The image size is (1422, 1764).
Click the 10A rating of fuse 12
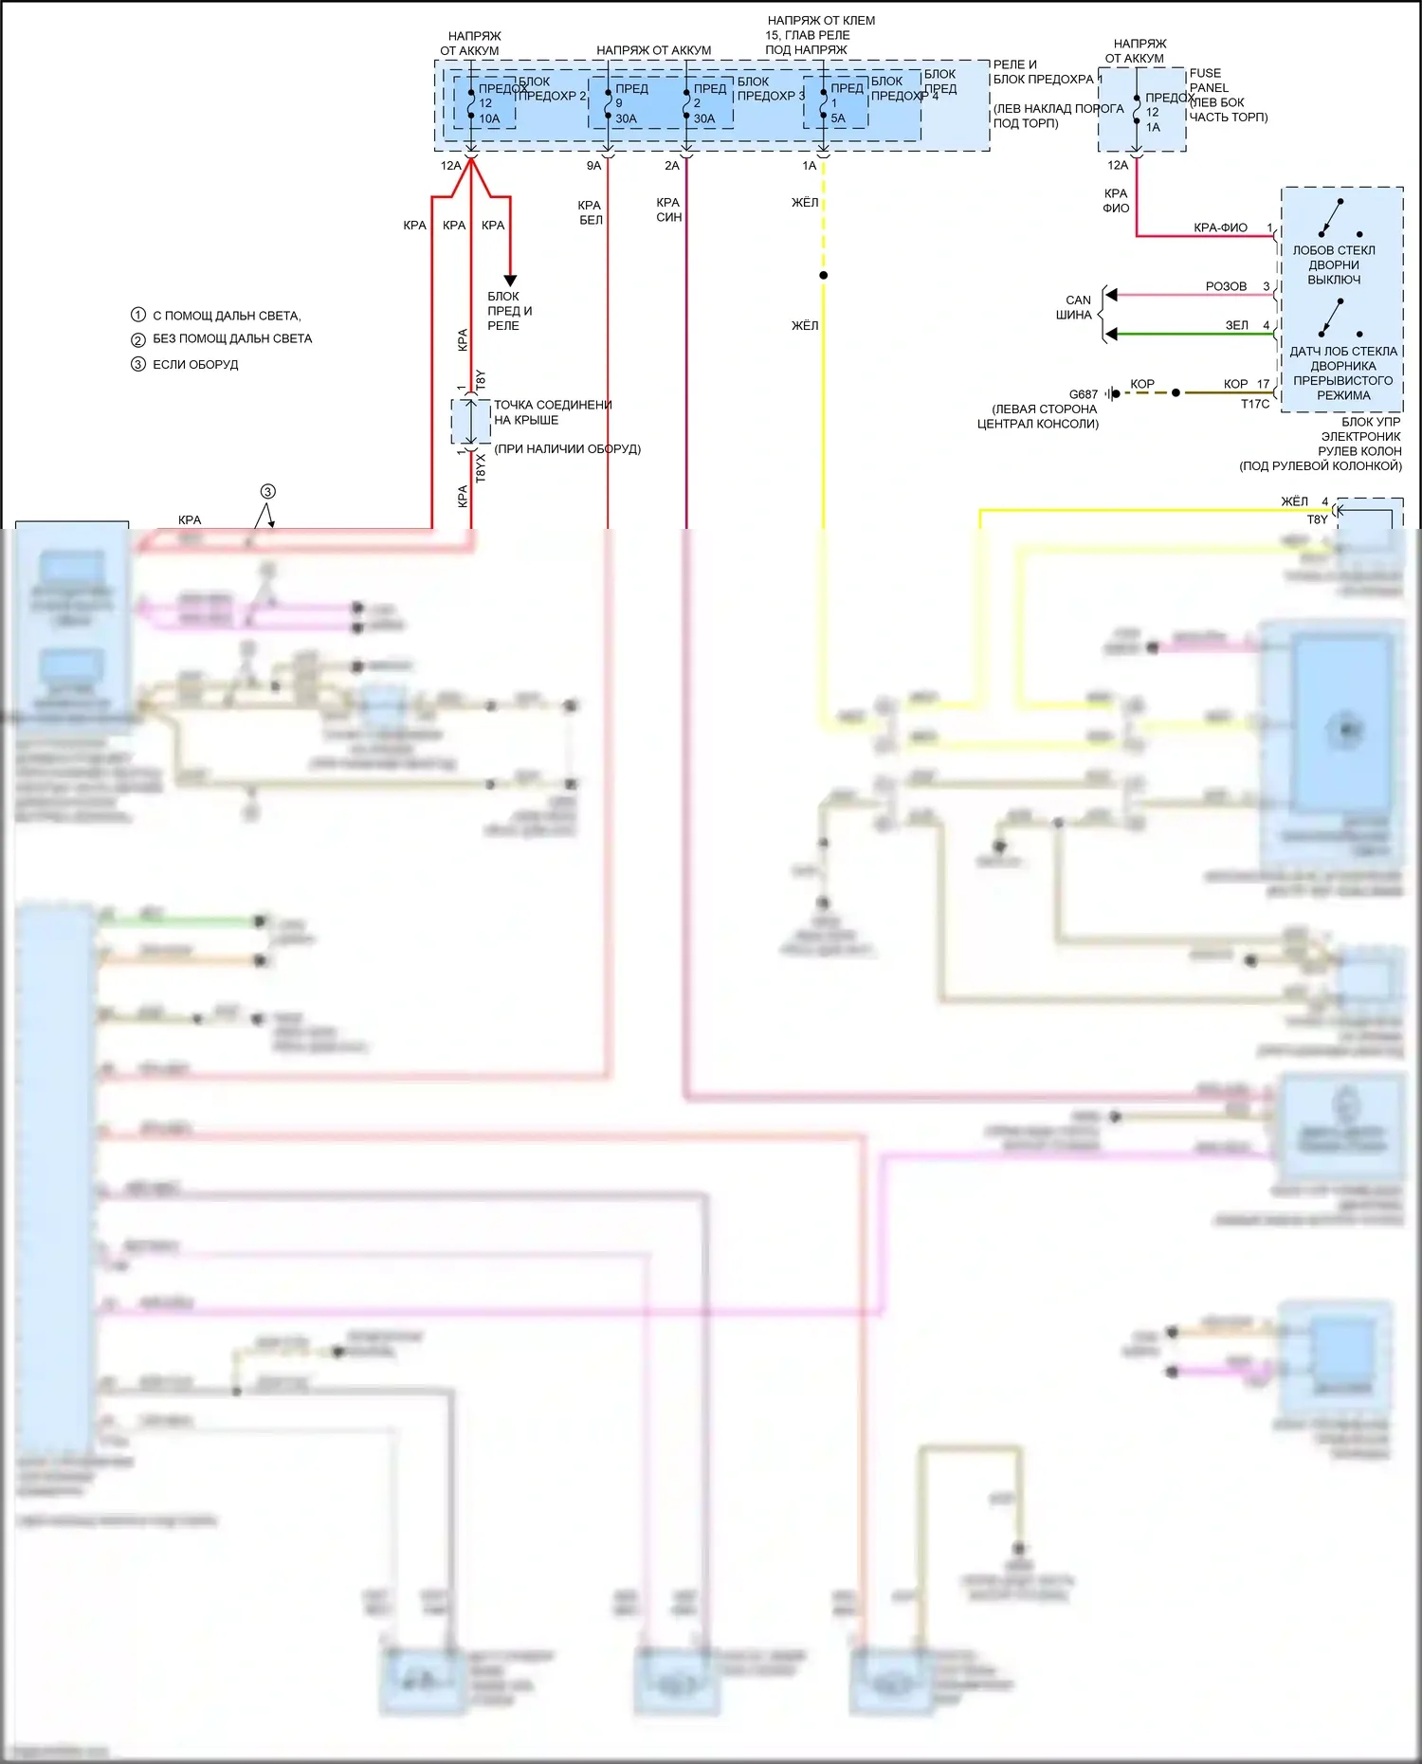click(489, 118)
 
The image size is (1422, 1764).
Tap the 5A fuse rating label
click(838, 118)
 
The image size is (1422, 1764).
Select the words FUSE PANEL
click(1208, 81)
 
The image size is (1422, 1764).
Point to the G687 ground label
click(1083, 394)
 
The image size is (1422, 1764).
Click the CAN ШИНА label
click(1075, 307)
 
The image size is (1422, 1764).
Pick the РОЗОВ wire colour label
click(1226, 286)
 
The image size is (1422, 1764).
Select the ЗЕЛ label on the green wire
click(1236, 325)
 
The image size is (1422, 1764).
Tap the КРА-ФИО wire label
click(1220, 227)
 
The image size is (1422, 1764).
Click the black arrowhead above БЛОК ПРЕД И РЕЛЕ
click(510, 280)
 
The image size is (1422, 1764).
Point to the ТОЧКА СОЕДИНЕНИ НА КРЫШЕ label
click(552, 412)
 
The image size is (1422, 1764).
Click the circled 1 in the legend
click(138, 315)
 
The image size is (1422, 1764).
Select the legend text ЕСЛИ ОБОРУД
click(195, 364)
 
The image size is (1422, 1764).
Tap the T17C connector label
click(1255, 404)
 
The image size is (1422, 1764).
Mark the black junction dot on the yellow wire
click(823, 275)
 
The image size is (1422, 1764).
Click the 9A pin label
click(593, 166)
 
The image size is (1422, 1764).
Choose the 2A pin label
click(672, 166)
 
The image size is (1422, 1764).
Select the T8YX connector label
click(480, 467)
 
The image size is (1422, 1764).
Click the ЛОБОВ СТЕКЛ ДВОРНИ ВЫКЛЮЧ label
click(1334, 265)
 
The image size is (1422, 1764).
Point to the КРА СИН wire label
click(668, 209)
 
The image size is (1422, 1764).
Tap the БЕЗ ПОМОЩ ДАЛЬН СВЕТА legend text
click(232, 338)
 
